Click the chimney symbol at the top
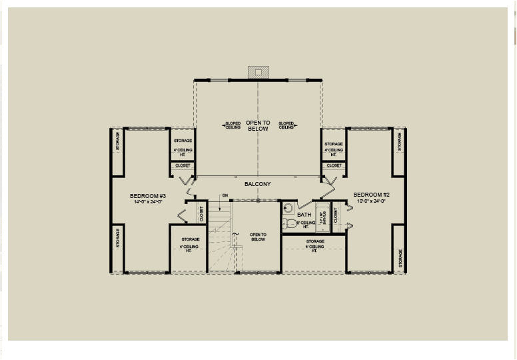point(258,71)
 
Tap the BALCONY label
point(257,183)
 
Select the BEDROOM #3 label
point(147,196)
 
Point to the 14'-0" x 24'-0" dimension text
point(147,201)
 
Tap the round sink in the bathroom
point(288,207)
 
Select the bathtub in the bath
point(322,217)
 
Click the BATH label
point(304,215)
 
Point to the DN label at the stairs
point(225,195)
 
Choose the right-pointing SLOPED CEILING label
point(286,125)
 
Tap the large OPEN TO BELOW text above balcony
point(258,125)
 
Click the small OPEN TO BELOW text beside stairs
point(258,237)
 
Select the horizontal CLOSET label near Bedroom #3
point(183,165)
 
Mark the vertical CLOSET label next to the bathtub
point(336,215)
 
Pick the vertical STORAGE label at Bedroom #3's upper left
point(118,142)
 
